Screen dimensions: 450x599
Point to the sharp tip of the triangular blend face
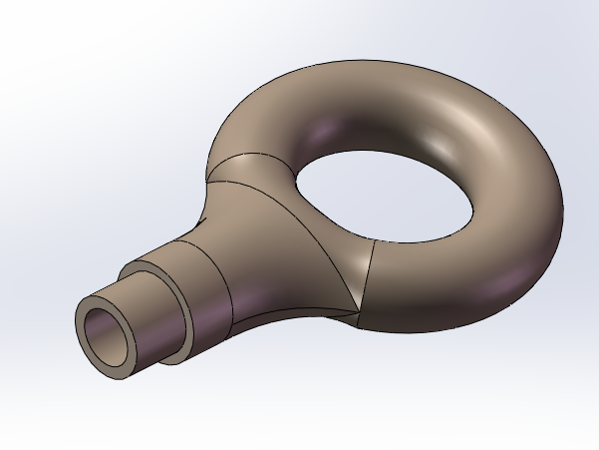[x=357, y=310]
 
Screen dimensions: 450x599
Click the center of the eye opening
[x=384, y=196]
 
